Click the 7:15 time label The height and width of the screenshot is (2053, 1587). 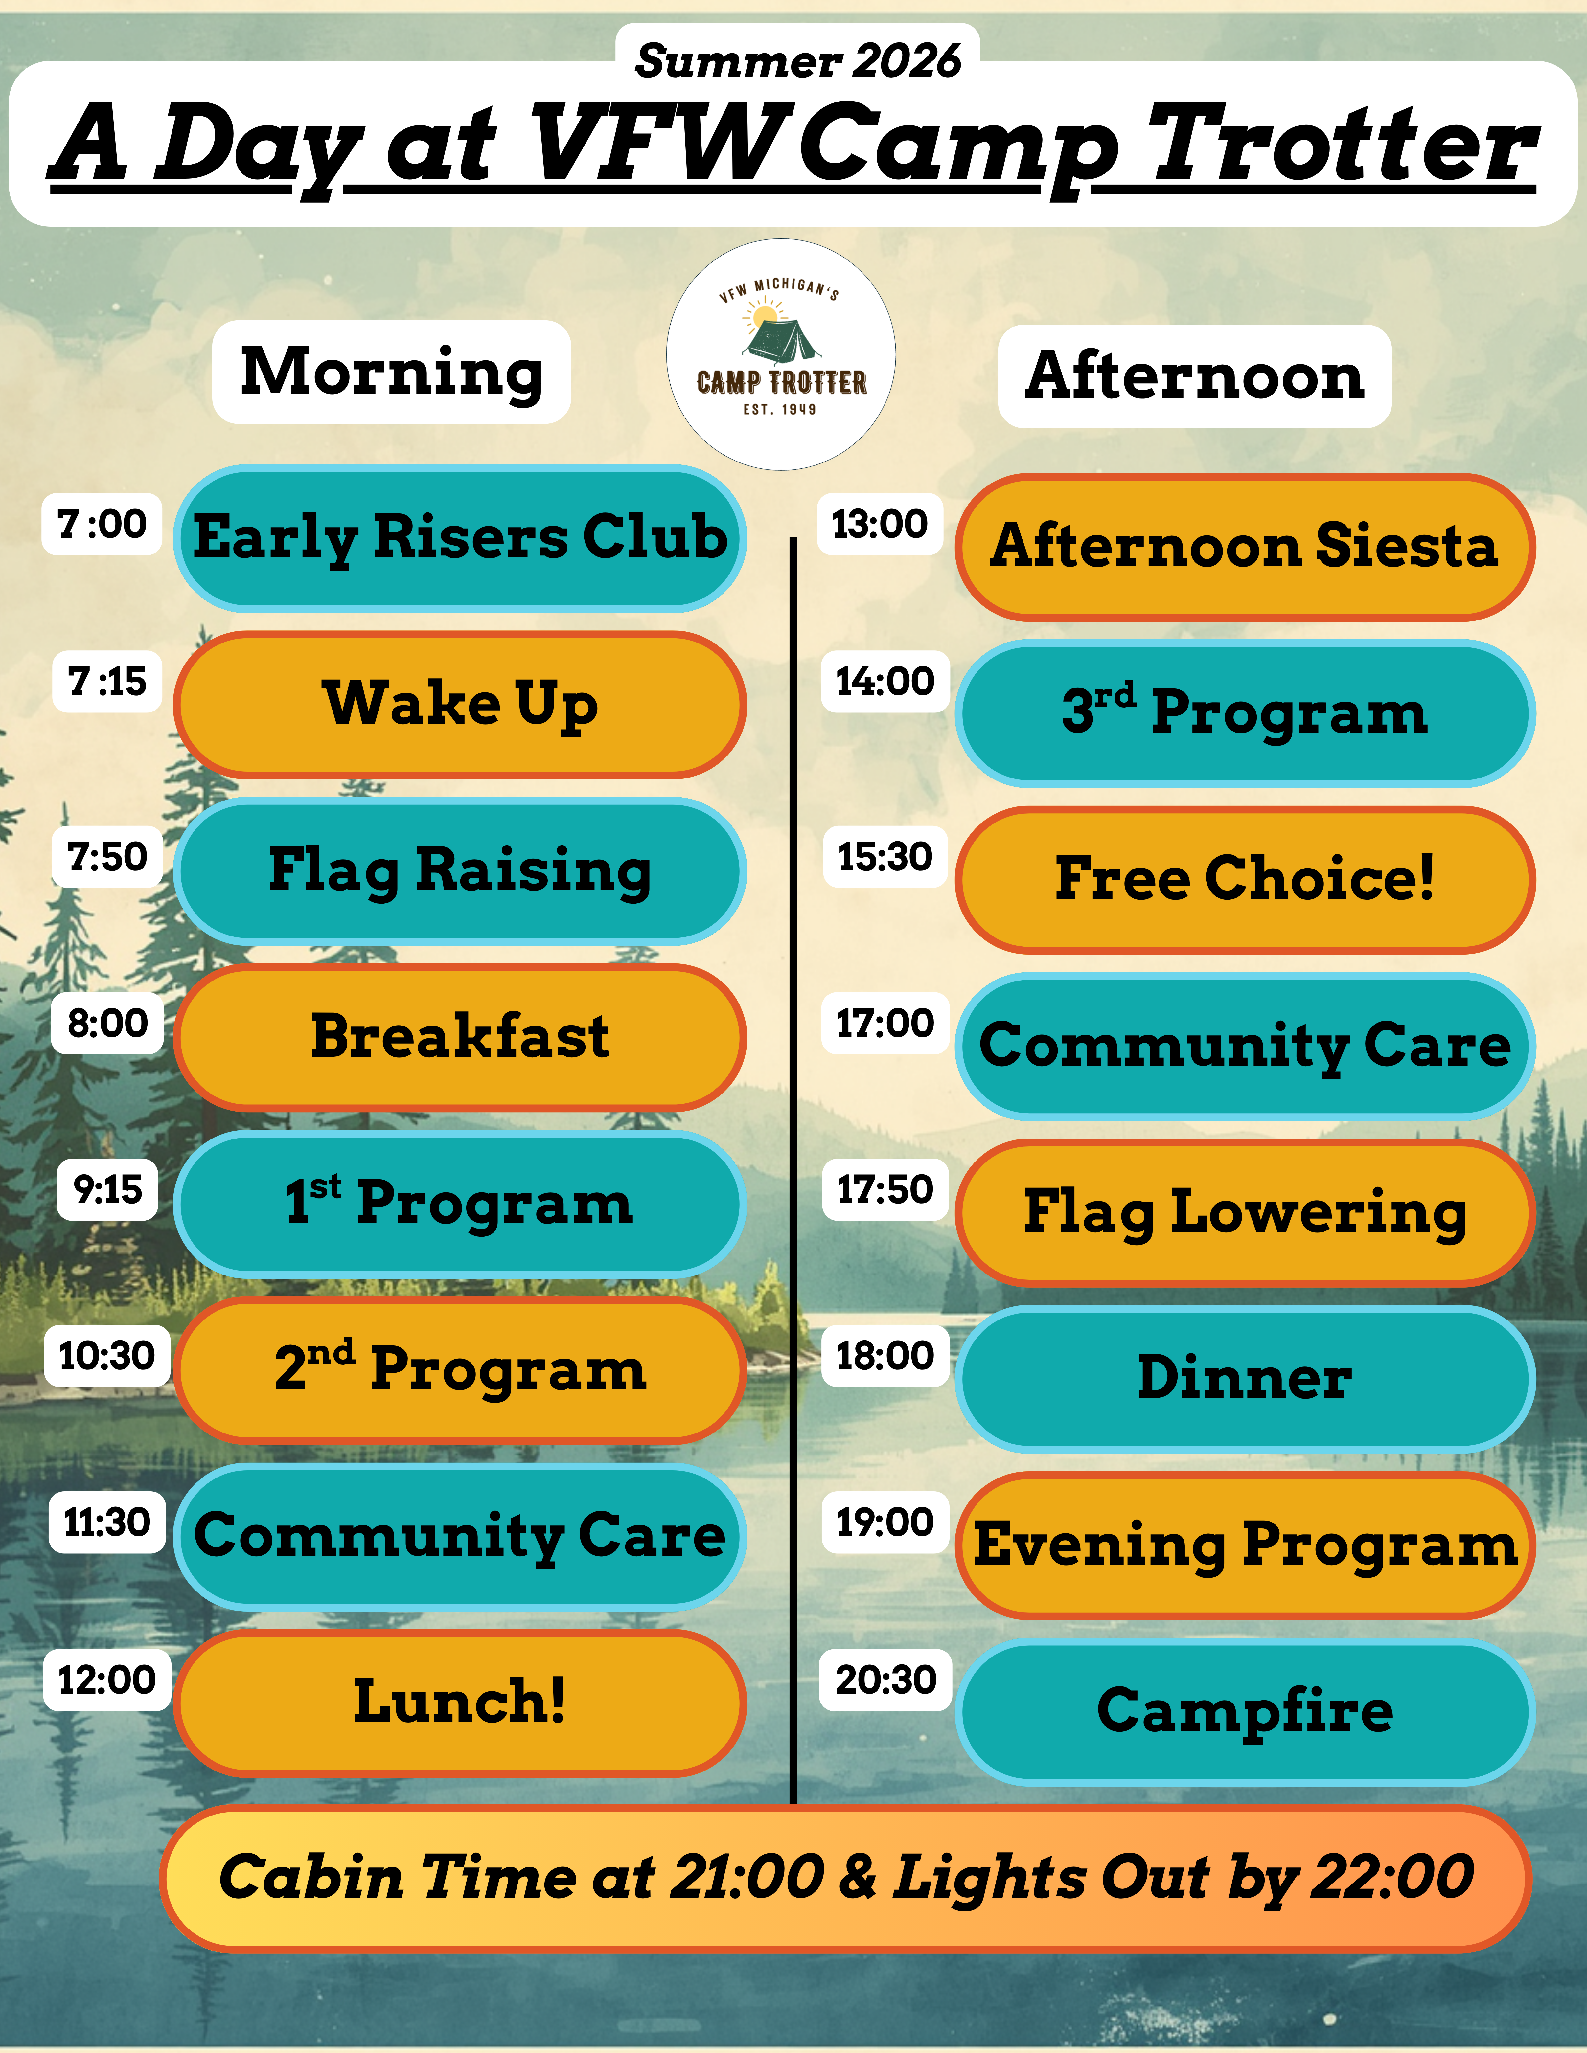[107, 682]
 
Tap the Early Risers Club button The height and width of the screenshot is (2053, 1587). [460, 539]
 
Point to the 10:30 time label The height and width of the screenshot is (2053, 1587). [107, 1356]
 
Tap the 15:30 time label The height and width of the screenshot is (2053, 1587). [885, 856]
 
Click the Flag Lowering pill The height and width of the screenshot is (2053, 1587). [1245, 1213]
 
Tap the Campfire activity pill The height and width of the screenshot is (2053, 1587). [1245, 1712]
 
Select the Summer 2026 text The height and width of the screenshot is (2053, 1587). [797, 61]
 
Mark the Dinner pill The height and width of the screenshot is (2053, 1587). [1245, 1379]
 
